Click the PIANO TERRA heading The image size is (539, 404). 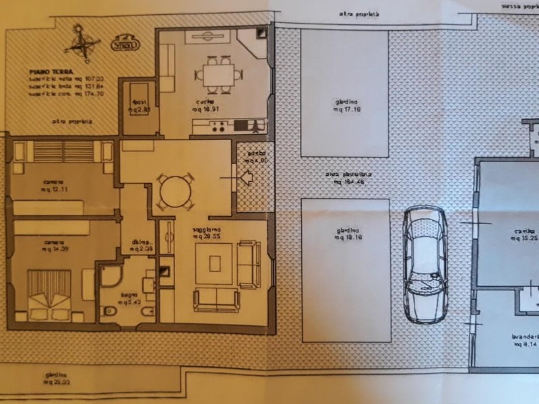coord(51,70)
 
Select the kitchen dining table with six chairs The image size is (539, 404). coord(218,73)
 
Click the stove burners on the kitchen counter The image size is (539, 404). coord(218,125)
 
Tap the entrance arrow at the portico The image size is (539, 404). coord(246,177)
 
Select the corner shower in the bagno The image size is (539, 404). coord(110,276)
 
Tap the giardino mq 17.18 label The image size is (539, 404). coord(344,106)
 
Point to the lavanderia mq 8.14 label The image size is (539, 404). coord(524,339)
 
